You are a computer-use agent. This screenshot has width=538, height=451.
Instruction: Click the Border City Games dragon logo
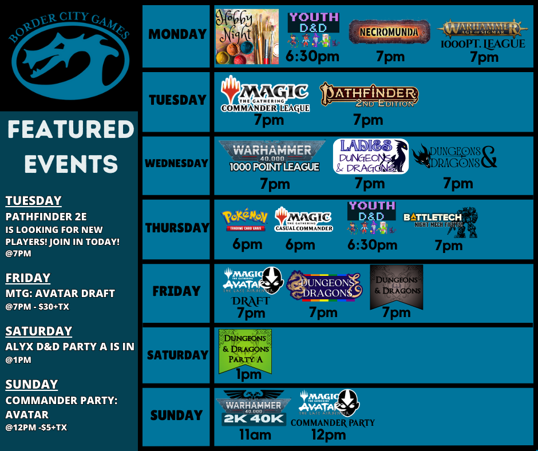pyautogui.click(x=69, y=54)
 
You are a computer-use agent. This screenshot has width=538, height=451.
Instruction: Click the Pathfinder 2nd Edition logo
pyautogui.click(x=369, y=95)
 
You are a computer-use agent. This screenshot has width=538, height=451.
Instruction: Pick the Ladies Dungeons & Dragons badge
pyautogui.click(x=371, y=156)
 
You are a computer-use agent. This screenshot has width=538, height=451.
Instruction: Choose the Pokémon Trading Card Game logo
pyautogui.click(x=244, y=220)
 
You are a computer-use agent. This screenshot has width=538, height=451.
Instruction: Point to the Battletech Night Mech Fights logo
pyautogui.click(x=440, y=221)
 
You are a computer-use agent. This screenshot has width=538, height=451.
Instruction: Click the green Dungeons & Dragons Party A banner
pyautogui.click(x=245, y=349)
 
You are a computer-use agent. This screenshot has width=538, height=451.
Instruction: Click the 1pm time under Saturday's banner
pyautogui.click(x=248, y=375)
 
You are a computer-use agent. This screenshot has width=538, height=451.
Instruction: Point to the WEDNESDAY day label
pyautogui.click(x=176, y=163)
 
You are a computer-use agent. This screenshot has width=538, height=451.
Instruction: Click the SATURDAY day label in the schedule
pyautogui.click(x=177, y=355)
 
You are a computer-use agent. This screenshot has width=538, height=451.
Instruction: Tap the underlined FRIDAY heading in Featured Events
pyautogui.click(x=28, y=278)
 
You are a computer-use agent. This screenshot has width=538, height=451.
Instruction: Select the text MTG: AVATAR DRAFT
pyautogui.click(x=60, y=293)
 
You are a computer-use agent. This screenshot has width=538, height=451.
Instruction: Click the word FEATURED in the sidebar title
pyautogui.click(x=70, y=129)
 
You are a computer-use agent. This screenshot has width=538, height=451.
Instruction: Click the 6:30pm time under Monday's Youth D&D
pyautogui.click(x=312, y=56)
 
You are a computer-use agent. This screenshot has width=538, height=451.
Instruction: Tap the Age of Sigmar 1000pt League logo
pyautogui.click(x=482, y=34)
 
